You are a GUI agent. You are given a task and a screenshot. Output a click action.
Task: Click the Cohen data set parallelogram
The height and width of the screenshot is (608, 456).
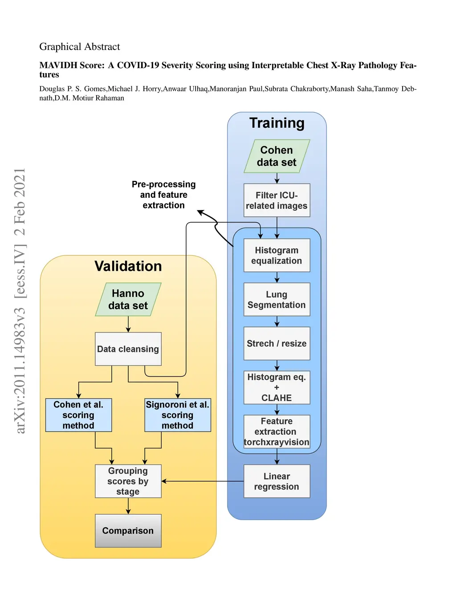(x=277, y=156)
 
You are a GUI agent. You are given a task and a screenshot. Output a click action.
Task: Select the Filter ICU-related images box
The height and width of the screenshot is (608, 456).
(x=277, y=200)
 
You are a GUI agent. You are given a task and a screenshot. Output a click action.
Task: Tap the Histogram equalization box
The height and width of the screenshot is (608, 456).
(x=277, y=255)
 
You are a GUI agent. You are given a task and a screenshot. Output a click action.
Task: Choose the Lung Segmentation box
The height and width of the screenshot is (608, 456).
(x=277, y=299)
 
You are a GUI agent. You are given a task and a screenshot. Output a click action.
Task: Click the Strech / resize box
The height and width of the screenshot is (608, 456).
(x=277, y=343)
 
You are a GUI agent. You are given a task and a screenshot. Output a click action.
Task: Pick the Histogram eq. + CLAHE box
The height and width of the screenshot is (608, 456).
(x=277, y=388)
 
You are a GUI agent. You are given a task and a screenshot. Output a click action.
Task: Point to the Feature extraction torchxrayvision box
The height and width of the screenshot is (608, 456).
(x=277, y=432)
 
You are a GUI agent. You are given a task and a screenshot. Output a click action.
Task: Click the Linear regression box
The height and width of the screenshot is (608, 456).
(x=277, y=481)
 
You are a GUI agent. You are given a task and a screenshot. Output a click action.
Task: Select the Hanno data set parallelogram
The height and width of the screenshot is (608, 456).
(x=128, y=299)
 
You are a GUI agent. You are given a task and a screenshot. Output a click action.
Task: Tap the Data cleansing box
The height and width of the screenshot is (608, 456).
(x=128, y=349)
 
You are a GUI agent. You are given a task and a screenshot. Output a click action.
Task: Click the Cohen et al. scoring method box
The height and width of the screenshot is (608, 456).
(x=78, y=415)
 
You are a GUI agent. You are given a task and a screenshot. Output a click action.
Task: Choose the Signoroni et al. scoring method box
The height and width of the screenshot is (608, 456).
(x=178, y=415)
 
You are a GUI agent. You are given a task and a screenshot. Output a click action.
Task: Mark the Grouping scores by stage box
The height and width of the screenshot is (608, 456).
(x=128, y=481)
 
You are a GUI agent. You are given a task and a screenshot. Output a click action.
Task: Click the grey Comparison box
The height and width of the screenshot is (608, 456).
(x=128, y=530)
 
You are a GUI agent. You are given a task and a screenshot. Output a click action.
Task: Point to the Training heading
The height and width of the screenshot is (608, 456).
(x=277, y=123)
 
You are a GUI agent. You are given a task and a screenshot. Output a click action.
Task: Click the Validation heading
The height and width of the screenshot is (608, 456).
(x=128, y=266)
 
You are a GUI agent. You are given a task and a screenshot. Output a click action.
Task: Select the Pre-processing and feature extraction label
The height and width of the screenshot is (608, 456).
(x=163, y=195)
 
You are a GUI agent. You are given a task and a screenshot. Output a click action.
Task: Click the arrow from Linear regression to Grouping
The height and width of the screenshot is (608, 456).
(x=203, y=481)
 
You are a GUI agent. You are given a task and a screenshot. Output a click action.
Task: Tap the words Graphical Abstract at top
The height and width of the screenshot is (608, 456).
(x=80, y=47)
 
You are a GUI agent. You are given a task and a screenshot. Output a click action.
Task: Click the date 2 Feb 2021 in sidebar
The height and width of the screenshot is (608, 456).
(x=20, y=201)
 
